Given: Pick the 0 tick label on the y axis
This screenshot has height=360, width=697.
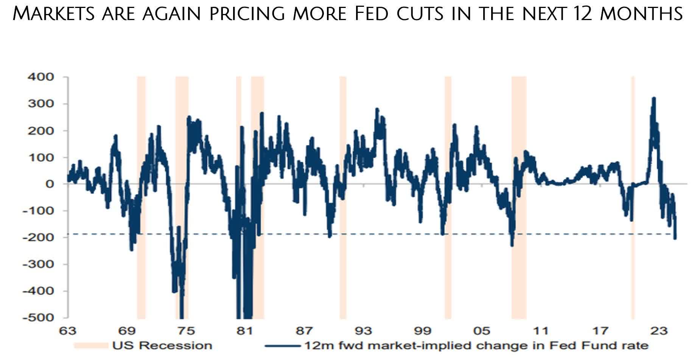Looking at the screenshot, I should pos(50,184).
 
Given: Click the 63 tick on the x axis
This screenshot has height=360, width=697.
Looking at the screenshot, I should pos(67,331).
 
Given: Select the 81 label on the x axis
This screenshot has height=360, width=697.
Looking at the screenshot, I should pos(245,331).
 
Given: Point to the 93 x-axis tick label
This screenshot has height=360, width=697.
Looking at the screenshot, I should pos(363,331).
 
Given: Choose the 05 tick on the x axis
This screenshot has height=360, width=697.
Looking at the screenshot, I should pos(482,331).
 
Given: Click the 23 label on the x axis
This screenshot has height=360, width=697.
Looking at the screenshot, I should pos(659,331).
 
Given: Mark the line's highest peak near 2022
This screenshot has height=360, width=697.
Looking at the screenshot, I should pos(653,98).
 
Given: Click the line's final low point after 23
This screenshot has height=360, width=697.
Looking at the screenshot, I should pos(675,238).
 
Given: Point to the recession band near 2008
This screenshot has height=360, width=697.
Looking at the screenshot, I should pos(519,197).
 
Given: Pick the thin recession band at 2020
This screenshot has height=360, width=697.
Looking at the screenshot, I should pos(633,197).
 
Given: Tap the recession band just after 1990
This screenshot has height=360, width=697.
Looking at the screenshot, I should pos(343,197).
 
